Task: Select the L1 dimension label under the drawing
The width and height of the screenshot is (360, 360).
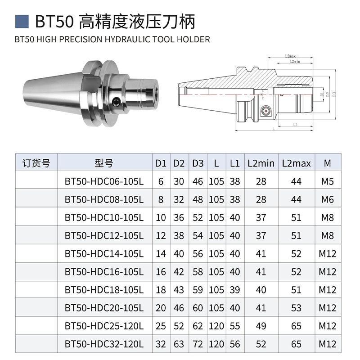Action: click(x=294, y=124)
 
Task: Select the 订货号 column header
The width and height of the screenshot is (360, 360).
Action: click(x=36, y=163)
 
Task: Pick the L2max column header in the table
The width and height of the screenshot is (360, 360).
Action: click(x=296, y=163)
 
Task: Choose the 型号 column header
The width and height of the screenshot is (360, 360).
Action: click(x=104, y=163)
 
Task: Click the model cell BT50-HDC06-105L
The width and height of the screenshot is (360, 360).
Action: click(x=104, y=181)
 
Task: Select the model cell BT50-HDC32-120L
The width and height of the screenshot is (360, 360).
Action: click(x=104, y=344)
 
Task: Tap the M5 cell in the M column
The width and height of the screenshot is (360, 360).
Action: click(x=328, y=181)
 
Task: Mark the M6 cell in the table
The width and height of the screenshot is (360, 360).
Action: click(x=328, y=199)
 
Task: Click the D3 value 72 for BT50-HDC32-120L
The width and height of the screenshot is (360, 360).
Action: click(x=198, y=344)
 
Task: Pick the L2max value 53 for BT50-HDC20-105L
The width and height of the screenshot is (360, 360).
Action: click(x=296, y=308)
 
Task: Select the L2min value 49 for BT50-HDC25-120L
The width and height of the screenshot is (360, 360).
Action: click(x=261, y=326)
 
